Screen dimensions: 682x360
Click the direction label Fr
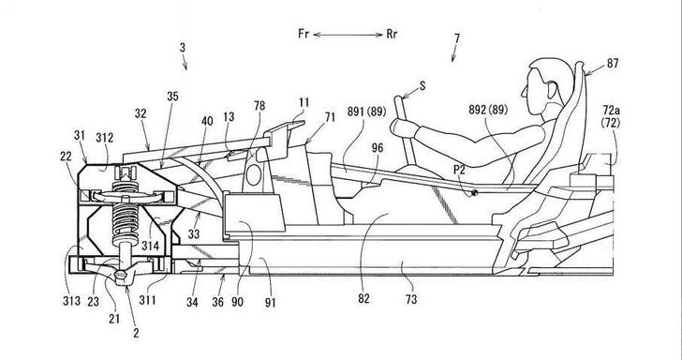click(x=304, y=34)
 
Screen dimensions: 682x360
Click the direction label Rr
click(x=392, y=34)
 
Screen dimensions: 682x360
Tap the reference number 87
click(x=613, y=64)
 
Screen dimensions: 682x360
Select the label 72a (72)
click(x=611, y=116)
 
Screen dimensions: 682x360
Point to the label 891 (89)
click(x=366, y=112)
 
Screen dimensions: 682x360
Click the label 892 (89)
click(x=488, y=110)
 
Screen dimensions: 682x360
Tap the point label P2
click(x=459, y=171)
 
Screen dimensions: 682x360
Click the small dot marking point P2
click(x=475, y=193)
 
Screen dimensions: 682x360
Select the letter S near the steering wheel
click(x=422, y=86)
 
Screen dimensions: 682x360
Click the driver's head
click(x=548, y=87)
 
